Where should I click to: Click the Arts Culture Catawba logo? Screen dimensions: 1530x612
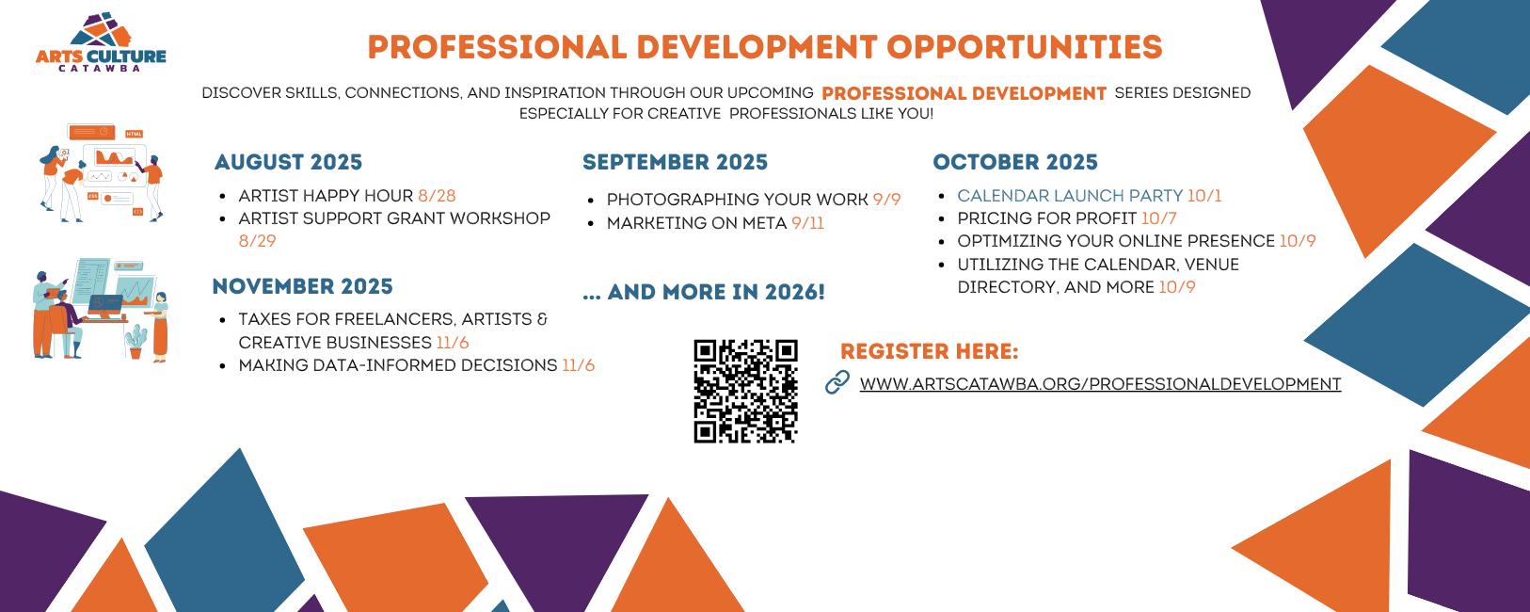[x=101, y=42]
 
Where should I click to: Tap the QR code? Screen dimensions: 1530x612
[x=746, y=391]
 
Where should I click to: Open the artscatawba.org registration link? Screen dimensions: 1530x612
[x=1100, y=383]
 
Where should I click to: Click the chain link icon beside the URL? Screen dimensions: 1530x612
[x=837, y=382]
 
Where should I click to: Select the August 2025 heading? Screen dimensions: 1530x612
[x=288, y=162]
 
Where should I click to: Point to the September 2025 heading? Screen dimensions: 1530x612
[x=675, y=162]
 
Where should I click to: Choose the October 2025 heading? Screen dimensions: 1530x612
[x=1015, y=162]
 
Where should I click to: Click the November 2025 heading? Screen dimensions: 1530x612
[x=303, y=286]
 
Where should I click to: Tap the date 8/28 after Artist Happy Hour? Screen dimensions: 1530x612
[x=438, y=196]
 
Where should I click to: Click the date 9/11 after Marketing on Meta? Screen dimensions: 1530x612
[x=808, y=223]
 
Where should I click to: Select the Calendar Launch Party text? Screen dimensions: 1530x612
[x=1070, y=196]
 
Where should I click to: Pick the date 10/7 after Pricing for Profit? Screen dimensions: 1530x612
[x=1159, y=218]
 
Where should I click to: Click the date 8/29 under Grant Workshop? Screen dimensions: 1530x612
[x=258, y=241]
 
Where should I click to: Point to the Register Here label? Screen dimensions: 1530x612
[x=929, y=351]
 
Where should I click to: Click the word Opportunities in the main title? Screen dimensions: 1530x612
[x=1025, y=47]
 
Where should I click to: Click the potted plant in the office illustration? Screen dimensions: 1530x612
[x=135, y=342]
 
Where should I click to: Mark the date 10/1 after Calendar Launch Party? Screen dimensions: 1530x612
[x=1204, y=196]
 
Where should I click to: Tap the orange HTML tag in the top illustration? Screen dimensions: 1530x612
[x=134, y=134]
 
